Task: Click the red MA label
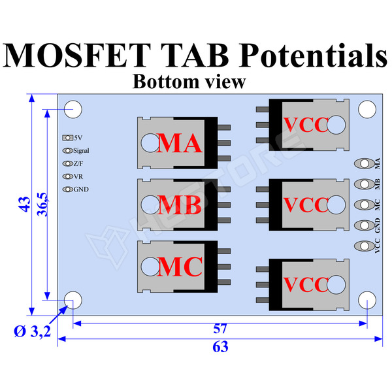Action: coord(180,143)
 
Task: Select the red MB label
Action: coord(180,205)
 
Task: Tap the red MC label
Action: coord(180,266)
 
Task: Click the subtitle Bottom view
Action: coord(188,82)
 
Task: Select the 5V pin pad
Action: coord(67,138)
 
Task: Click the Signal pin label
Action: coord(81,151)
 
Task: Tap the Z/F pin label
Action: coord(78,164)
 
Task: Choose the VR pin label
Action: coord(78,176)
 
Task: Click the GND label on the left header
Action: coord(81,189)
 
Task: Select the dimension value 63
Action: coord(221,347)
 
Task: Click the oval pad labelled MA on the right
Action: coord(361,163)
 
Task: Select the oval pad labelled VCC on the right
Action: coord(361,246)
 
